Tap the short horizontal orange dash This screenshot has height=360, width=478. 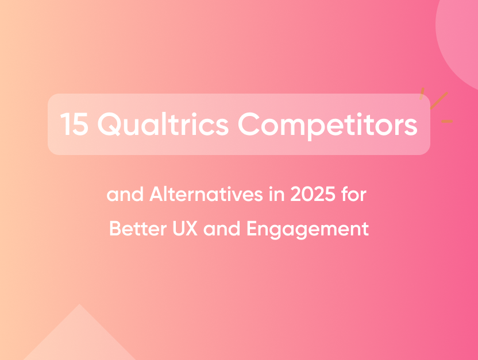point(446,121)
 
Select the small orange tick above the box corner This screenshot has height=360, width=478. point(422,91)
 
